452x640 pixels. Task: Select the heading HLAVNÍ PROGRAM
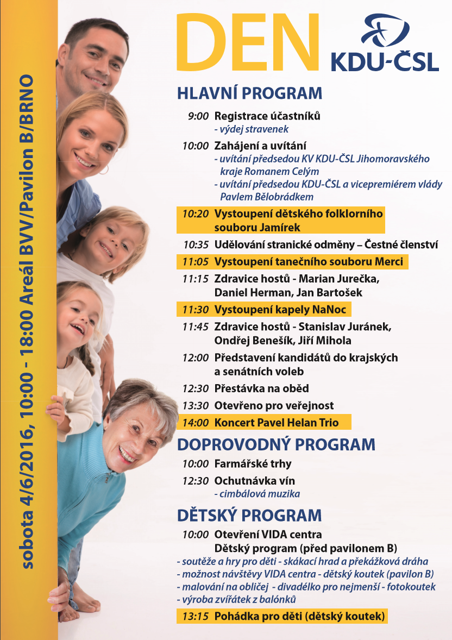click(x=249, y=93)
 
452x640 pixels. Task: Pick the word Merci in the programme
click(x=390, y=262)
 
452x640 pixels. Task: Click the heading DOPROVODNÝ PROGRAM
click(x=276, y=444)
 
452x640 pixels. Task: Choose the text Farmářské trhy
click(x=253, y=464)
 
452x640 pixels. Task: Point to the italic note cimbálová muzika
click(x=258, y=494)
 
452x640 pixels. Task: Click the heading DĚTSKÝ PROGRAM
click(x=249, y=514)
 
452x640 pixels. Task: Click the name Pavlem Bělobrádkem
click(x=267, y=196)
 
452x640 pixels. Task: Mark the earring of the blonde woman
click(x=103, y=170)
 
